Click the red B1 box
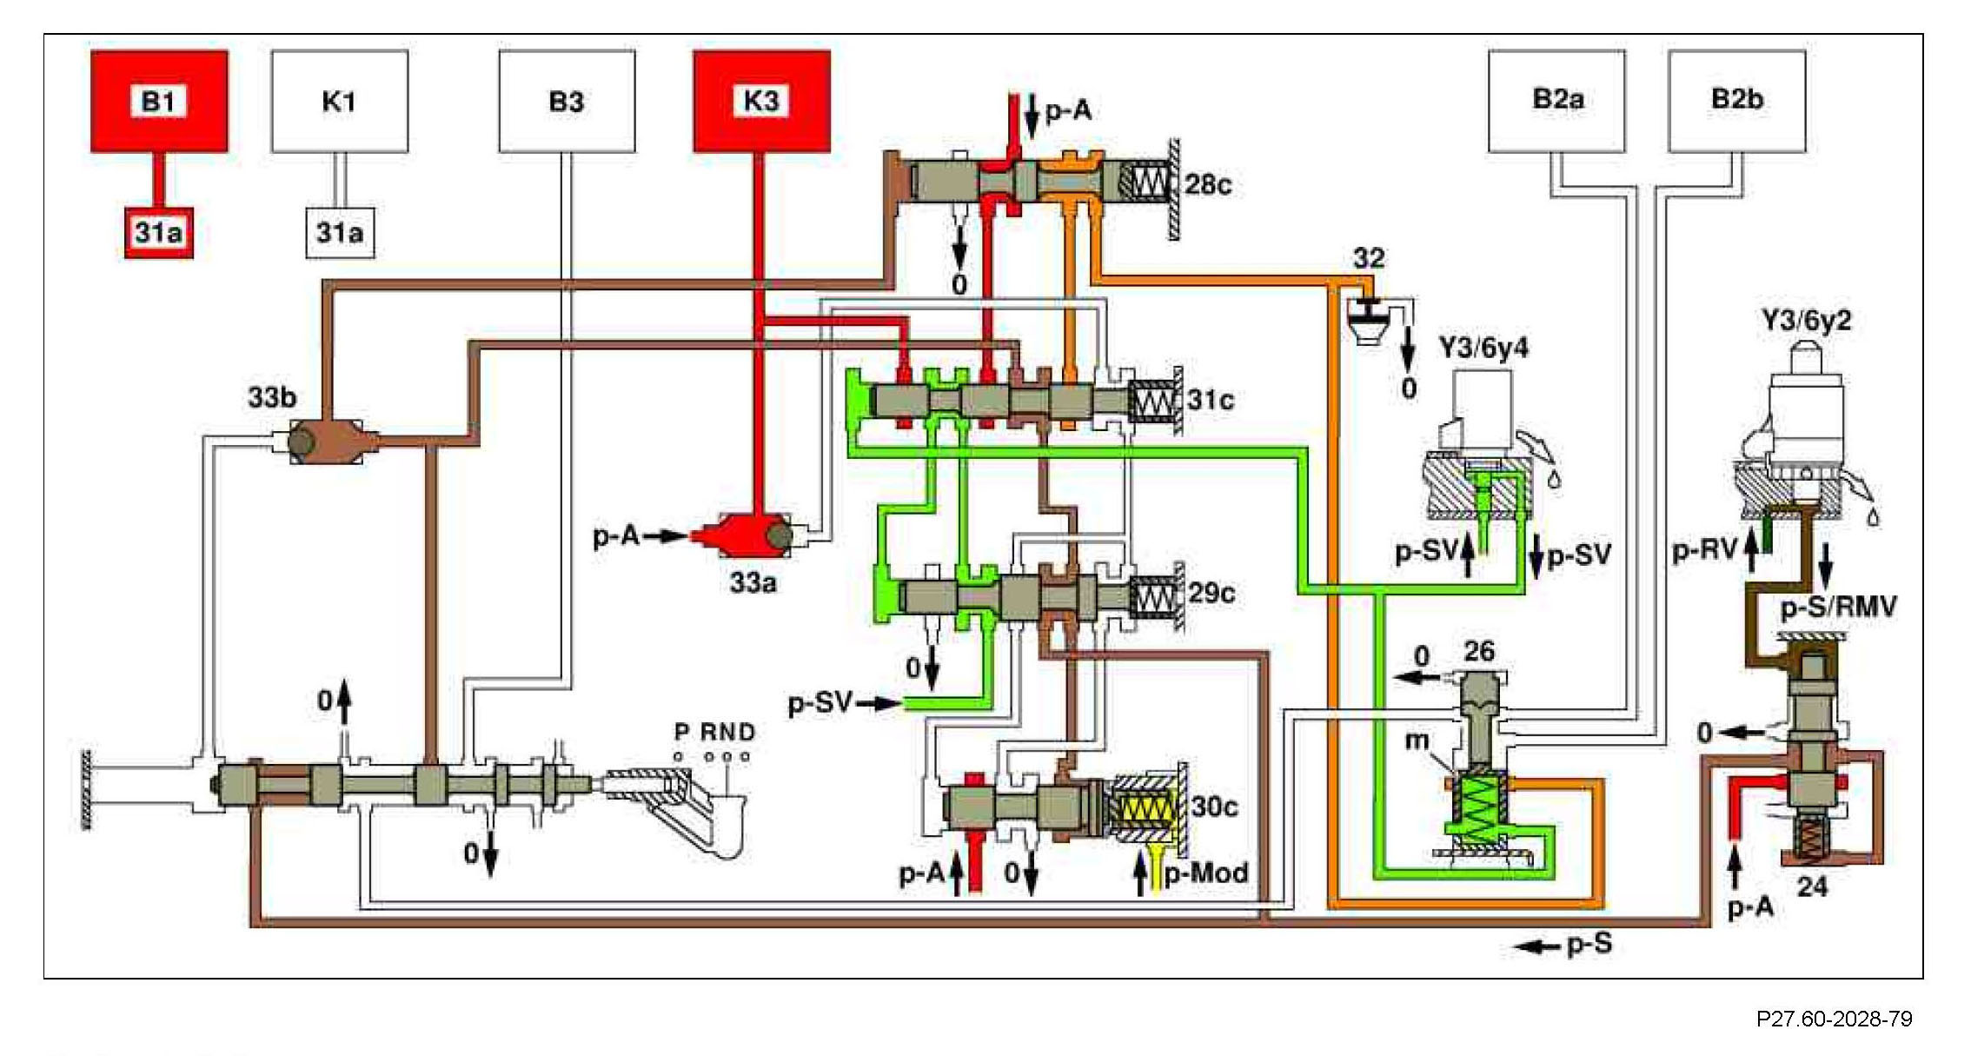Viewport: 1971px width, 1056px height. (160, 101)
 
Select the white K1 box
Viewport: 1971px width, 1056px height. (340, 101)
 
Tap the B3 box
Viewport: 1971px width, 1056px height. (567, 101)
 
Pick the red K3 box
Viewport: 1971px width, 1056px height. (761, 101)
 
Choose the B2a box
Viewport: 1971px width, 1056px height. (1557, 101)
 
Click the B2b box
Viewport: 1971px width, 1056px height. (1737, 101)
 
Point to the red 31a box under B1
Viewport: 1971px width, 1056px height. (158, 233)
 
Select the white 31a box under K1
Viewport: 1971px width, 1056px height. (340, 233)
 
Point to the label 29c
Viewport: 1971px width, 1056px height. (1211, 594)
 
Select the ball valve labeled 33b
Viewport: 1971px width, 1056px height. (323, 442)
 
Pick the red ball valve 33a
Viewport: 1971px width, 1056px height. (748, 535)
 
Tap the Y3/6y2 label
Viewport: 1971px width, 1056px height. (1807, 321)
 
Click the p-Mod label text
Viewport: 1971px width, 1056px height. (1207, 872)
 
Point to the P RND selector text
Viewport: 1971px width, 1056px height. (714, 733)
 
